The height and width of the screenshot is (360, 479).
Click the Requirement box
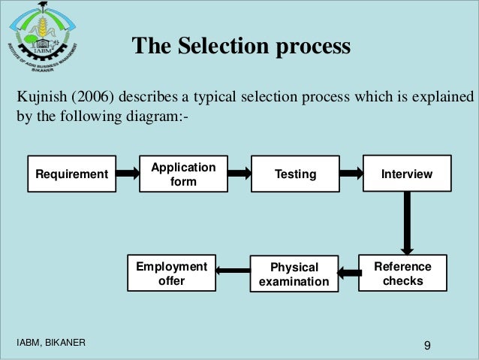click(x=72, y=174)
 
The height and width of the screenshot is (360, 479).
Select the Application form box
click(x=183, y=174)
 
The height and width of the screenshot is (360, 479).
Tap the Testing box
click(x=295, y=174)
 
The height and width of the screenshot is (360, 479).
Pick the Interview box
click(x=407, y=174)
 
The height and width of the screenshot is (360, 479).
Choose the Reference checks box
click(x=402, y=274)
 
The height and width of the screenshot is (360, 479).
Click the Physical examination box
click(x=294, y=274)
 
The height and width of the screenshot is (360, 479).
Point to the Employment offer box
click(x=171, y=274)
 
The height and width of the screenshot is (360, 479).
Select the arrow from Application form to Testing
click(x=239, y=174)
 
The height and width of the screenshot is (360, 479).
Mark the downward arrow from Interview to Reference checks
click(x=407, y=222)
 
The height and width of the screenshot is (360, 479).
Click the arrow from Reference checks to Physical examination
click(x=349, y=272)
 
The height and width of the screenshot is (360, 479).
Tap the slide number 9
click(x=427, y=345)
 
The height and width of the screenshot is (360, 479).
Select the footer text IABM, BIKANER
click(x=51, y=343)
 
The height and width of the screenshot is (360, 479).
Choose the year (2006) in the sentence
click(x=92, y=98)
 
